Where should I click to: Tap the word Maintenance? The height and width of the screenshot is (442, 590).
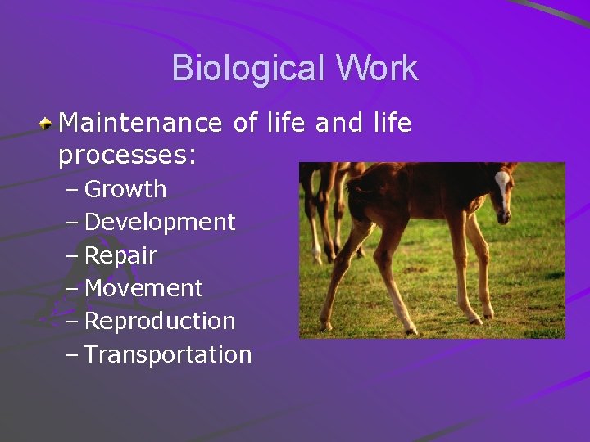(x=140, y=123)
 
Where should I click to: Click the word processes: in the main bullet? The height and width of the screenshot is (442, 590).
(x=127, y=155)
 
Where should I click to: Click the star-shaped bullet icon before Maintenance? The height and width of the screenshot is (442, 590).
(x=47, y=124)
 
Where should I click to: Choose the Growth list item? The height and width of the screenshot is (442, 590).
(x=125, y=189)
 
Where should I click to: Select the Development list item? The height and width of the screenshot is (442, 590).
(x=160, y=222)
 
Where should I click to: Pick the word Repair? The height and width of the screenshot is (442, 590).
(x=120, y=255)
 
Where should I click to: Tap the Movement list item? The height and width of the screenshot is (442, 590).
(x=143, y=288)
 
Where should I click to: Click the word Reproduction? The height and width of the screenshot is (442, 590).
(x=160, y=321)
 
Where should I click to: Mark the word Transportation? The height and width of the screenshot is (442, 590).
(x=168, y=354)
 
